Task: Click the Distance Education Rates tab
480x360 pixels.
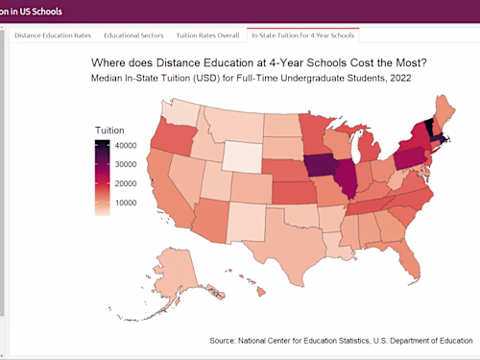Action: pos(53,36)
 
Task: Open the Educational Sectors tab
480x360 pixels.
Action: pos(133,36)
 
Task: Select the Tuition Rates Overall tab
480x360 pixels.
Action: pos(207,36)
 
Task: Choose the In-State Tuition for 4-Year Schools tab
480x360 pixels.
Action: pos(302,36)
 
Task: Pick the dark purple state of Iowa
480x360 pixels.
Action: pos(321,164)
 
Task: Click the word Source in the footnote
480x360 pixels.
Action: pos(225,340)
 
